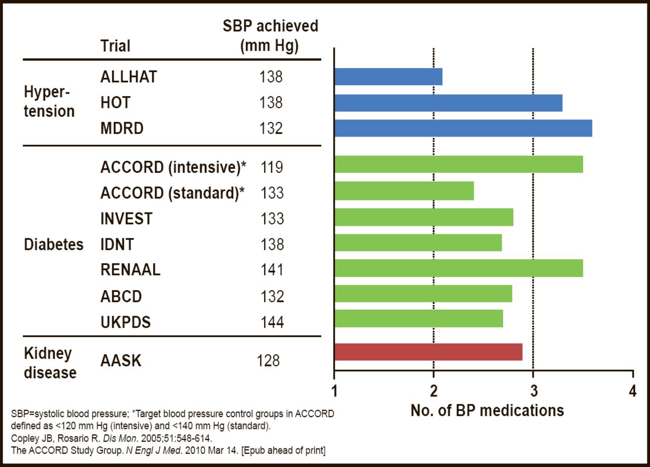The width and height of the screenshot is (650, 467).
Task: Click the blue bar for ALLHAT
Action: [388, 77]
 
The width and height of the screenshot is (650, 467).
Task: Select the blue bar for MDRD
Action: [463, 128]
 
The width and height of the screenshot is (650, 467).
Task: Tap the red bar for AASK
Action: [428, 352]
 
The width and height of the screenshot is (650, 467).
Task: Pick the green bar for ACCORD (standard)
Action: [404, 191]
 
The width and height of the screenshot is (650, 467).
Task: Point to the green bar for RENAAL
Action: [459, 268]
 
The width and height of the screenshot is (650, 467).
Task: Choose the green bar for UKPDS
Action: [419, 319]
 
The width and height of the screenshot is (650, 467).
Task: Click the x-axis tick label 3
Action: [533, 392]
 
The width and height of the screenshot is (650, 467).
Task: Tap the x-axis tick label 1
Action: [334, 392]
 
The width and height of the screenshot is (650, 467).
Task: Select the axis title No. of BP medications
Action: [487, 410]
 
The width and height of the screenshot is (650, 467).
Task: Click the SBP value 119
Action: [272, 167]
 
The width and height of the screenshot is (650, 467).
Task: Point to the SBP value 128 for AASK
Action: [268, 361]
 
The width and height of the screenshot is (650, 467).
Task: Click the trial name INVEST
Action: [126, 219]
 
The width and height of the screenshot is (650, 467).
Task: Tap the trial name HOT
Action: [115, 103]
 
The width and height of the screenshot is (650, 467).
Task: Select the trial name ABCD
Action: [121, 296]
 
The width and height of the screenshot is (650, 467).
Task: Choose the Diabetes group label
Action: [54, 244]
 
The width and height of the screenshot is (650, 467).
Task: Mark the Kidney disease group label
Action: [50, 363]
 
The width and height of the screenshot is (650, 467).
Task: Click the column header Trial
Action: [115, 46]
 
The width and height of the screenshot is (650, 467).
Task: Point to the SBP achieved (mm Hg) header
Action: [270, 36]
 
